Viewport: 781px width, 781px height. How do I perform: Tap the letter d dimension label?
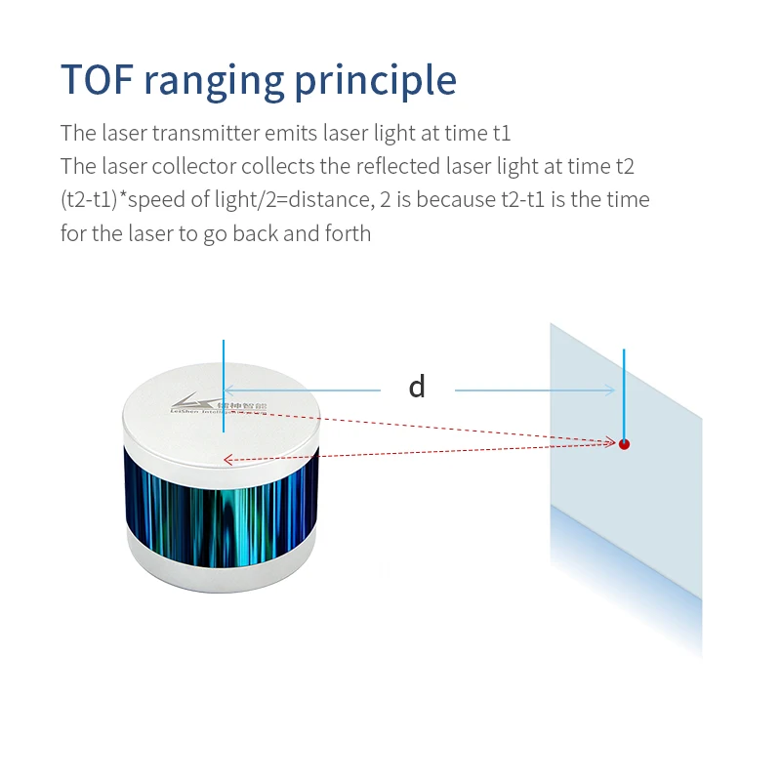(x=417, y=387)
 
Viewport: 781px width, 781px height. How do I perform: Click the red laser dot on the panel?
(x=624, y=444)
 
